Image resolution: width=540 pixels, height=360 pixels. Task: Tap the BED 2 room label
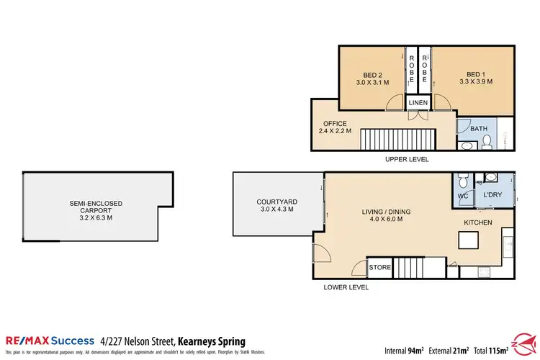(372, 78)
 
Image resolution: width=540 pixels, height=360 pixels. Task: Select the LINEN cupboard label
(418, 103)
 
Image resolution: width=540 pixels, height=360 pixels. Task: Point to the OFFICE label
(335, 127)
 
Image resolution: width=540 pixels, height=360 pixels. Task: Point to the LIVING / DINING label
(386, 216)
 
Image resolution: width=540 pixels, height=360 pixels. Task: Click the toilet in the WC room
(464, 179)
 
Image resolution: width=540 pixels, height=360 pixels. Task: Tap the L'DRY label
(492, 195)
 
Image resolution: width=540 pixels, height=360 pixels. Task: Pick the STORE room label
(379, 268)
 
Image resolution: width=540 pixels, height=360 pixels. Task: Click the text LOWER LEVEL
(347, 287)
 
